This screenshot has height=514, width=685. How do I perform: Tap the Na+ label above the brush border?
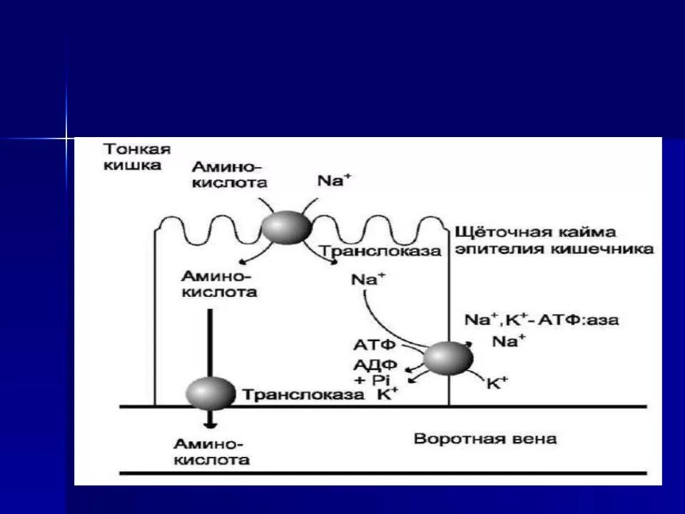[x=334, y=180]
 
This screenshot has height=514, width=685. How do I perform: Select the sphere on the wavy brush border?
[x=286, y=227]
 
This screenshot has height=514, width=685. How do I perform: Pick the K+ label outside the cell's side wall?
[x=497, y=383]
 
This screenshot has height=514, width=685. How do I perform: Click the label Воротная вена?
[x=485, y=438]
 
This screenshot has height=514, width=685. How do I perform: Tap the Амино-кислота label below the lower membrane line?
[x=215, y=451]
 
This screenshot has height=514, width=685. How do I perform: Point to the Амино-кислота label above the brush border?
[x=228, y=174]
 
